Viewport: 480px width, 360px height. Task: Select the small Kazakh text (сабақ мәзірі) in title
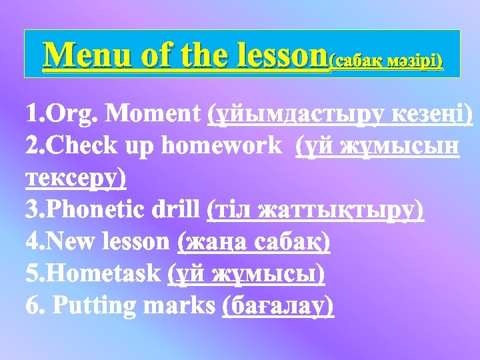click(x=386, y=61)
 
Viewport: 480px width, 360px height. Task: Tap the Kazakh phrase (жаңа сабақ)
click(x=253, y=242)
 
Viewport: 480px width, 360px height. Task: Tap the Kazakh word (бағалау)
click(x=277, y=306)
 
